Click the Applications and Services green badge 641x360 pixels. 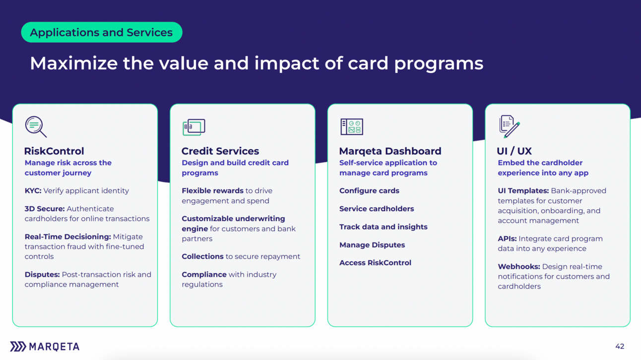pyautogui.click(x=102, y=32)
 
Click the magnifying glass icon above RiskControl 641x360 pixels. pyautogui.click(x=36, y=126)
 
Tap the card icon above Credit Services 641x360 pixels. pyautogui.click(x=194, y=127)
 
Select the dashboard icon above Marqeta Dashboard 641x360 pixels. pyautogui.click(x=352, y=126)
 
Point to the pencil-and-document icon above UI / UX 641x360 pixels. pyautogui.click(x=510, y=126)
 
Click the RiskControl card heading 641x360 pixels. pyautogui.click(x=54, y=151)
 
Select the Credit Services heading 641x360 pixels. pyautogui.click(x=220, y=151)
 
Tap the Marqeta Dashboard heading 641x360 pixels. pyautogui.click(x=390, y=151)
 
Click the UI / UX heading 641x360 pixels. pyautogui.click(x=514, y=151)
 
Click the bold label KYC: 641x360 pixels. pyautogui.click(x=33, y=191)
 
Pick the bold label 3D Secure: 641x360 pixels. pyautogui.click(x=45, y=209)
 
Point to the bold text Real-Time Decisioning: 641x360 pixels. pyautogui.click(x=68, y=237)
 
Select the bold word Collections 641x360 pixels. pyautogui.click(x=202, y=256)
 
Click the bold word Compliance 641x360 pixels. pyautogui.click(x=204, y=275)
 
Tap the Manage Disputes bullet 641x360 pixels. pyautogui.click(x=372, y=245)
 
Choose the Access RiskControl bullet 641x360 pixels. pyautogui.click(x=375, y=263)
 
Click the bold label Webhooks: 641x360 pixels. pyautogui.click(x=519, y=266)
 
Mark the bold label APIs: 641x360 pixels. pyautogui.click(x=507, y=239)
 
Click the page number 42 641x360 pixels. pyautogui.click(x=620, y=347)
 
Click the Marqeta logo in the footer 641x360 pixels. pyautogui.click(x=45, y=347)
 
